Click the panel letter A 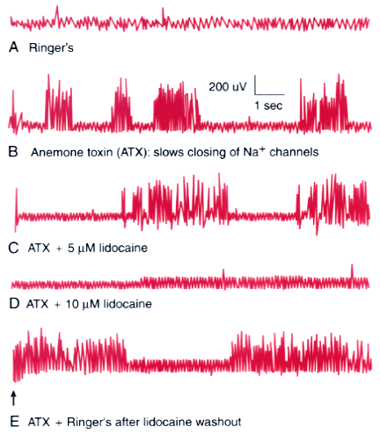[x=13, y=47]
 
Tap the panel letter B [x=13, y=152]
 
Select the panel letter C [x=13, y=248]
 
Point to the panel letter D [x=14, y=304]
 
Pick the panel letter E [x=14, y=422]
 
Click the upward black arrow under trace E [x=13, y=399]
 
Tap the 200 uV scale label [x=228, y=87]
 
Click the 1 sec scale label [x=268, y=105]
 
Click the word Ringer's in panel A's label [x=51, y=47]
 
